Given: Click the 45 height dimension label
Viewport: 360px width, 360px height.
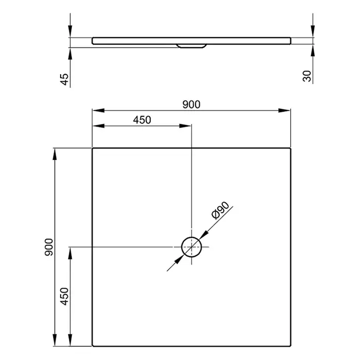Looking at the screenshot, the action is pyautogui.click(x=64, y=79).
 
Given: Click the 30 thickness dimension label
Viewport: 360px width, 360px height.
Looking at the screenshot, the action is pyautogui.click(x=307, y=76).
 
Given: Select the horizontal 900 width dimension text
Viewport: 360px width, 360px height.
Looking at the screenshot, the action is pyautogui.click(x=191, y=104).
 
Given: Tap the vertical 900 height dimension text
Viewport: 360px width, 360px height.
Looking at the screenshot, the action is pyautogui.click(x=49, y=247).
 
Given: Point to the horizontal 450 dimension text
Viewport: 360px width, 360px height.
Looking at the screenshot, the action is pyautogui.click(x=142, y=120).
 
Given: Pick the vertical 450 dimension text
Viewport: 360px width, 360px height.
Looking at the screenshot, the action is pyautogui.click(x=64, y=296).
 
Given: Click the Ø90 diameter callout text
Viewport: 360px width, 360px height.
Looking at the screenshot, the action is pyautogui.click(x=220, y=210).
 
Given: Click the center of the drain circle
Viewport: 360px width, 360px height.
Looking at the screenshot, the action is pyautogui.click(x=191, y=247).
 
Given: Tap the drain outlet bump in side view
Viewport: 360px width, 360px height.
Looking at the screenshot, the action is pyautogui.click(x=191, y=46).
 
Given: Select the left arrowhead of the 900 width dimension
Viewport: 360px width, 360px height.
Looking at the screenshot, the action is pyautogui.click(x=98, y=111).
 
